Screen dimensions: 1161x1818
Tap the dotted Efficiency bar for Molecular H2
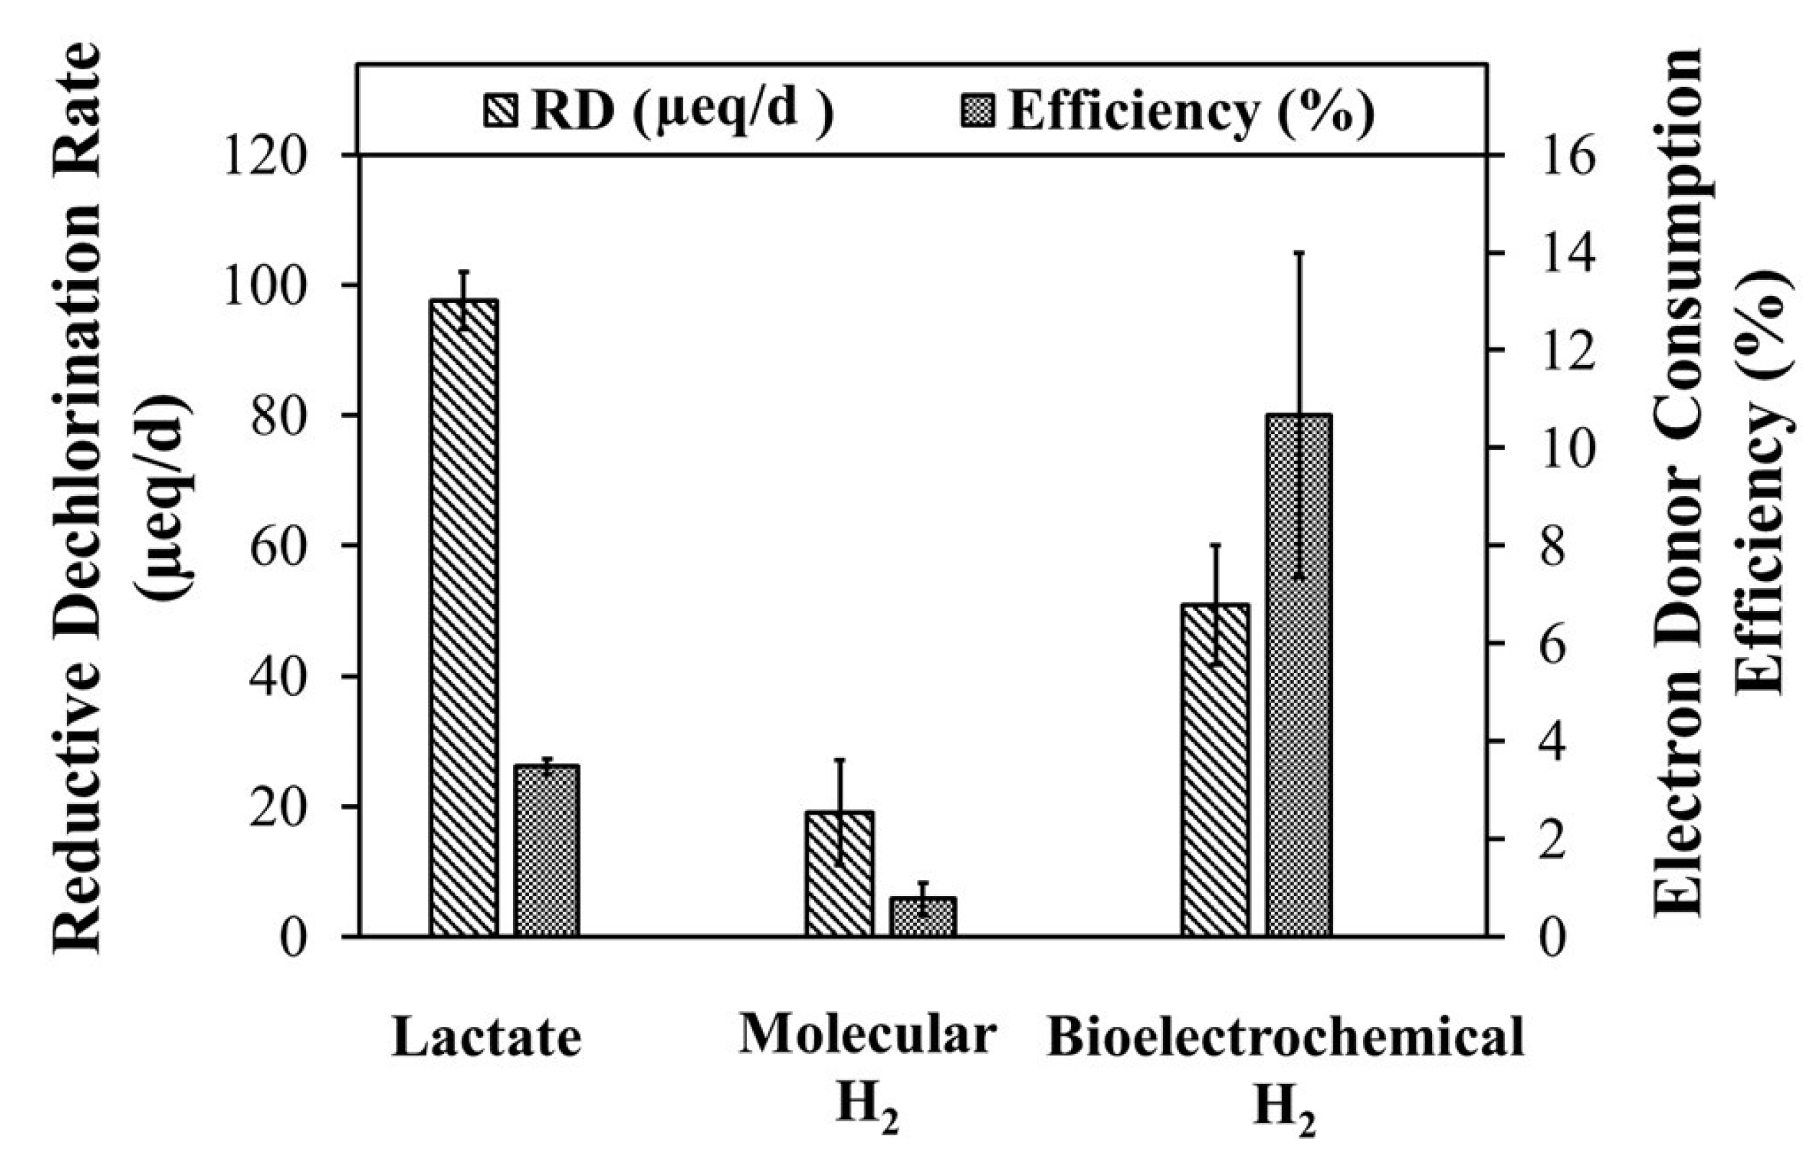click(923, 916)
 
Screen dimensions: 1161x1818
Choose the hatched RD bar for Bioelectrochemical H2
click(1216, 770)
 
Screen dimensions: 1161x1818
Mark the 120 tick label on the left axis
click(265, 155)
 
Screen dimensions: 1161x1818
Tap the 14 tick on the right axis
click(1567, 253)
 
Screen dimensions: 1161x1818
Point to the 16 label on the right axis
click(1567, 155)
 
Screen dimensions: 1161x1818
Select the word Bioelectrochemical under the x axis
click(1284, 1037)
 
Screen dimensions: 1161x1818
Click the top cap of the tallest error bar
click(1299, 253)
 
